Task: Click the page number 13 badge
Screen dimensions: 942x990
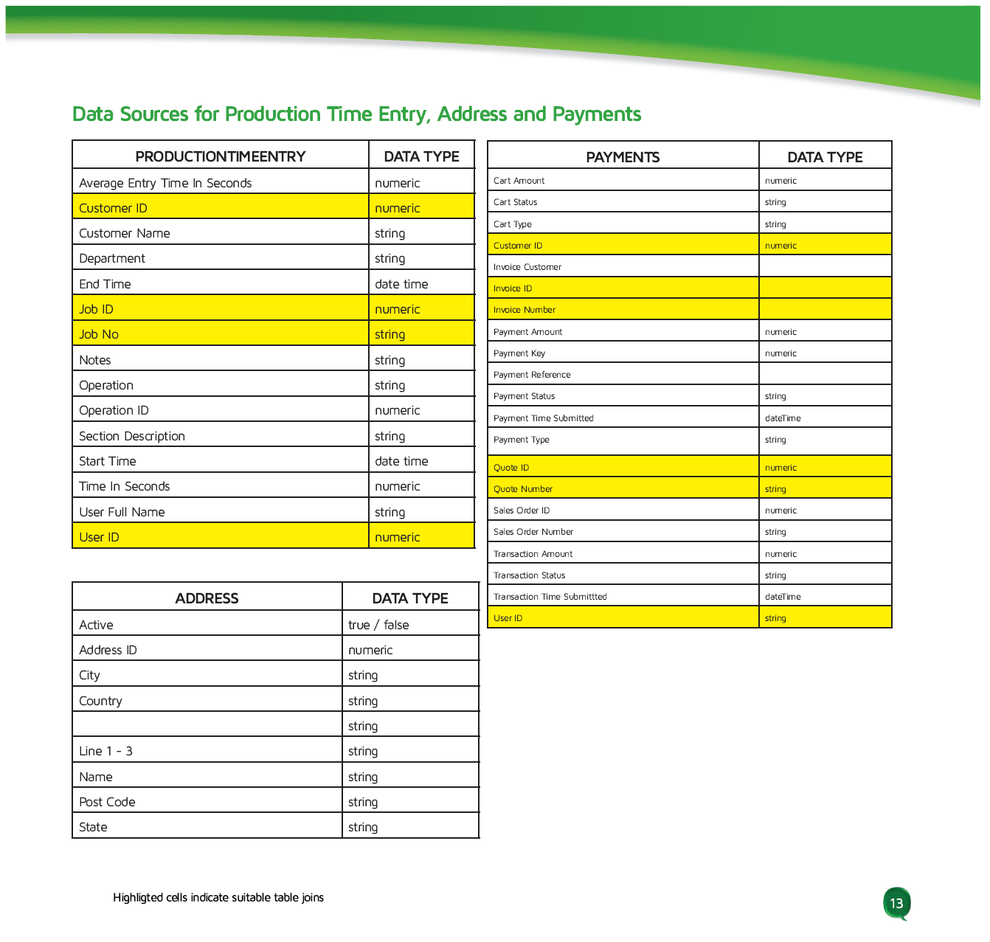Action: click(896, 903)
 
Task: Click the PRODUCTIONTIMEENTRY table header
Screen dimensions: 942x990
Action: click(220, 156)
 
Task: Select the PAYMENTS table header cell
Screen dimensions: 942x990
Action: click(623, 157)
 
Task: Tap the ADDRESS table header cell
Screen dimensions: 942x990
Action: click(207, 598)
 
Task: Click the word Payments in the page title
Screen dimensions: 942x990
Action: click(596, 114)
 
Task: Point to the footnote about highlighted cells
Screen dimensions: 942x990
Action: click(218, 898)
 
